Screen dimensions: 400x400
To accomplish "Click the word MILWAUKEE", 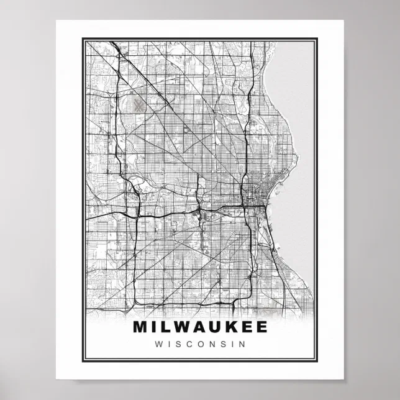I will (x=200, y=327).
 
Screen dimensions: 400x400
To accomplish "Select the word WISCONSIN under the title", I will (x=200, y=343).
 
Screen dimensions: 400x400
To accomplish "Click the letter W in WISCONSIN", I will (x=159, y=343).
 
